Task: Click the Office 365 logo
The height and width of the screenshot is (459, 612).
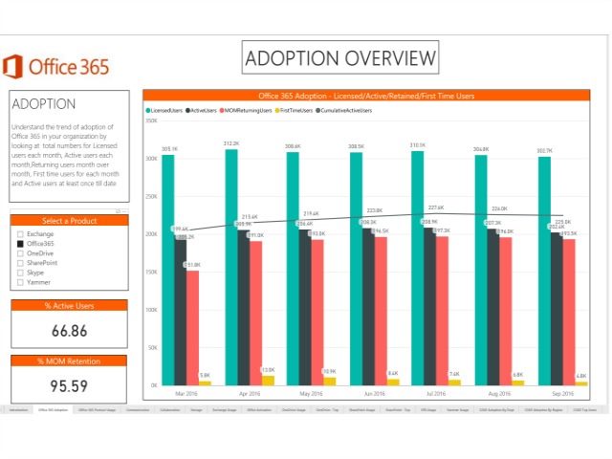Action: [x=55, y=67]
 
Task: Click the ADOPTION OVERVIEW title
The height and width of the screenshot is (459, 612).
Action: [x=340, y=58]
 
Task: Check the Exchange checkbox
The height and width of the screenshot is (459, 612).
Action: [x=19, y=233]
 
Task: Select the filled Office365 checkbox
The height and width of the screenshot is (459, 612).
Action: [x=19, y=244]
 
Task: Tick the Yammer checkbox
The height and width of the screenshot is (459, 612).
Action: [x=19, y=282]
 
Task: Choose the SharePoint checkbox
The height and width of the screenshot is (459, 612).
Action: [x=19, y=263]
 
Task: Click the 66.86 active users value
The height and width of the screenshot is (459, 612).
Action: [x=69, y=331]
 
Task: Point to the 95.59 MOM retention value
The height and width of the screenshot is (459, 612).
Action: [x=69, y=386]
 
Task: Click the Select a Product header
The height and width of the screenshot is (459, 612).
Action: [x=69, y=221]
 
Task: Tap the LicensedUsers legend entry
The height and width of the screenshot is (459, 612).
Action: [x=167, y=110]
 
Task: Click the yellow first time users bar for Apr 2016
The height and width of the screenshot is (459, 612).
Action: [x=268, y=380]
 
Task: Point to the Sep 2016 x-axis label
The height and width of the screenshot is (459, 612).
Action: [x=562, y=393]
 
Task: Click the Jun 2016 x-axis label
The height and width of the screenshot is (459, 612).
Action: [x=374, y=393]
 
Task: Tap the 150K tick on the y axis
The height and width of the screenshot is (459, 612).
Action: [x=151, y=272]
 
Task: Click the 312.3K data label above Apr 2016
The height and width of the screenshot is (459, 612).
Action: [x=231, y=143]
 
